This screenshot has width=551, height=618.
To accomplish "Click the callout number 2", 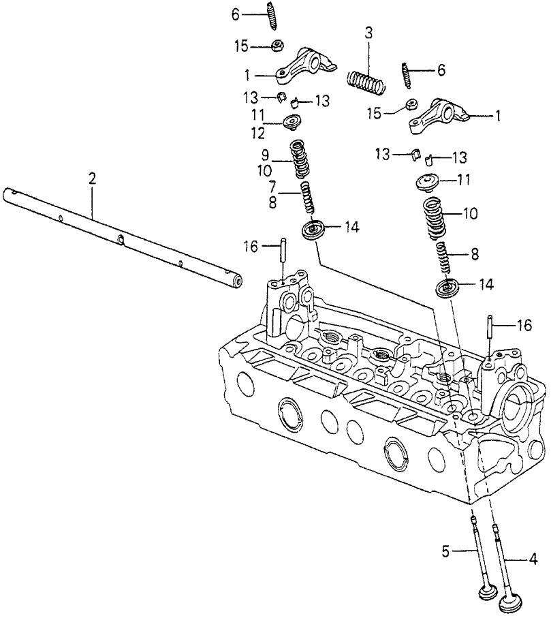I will click(x=92, y=179).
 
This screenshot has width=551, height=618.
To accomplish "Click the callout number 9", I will click(x=267, y=155).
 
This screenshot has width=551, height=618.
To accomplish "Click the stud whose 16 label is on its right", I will click(x=490, y=334).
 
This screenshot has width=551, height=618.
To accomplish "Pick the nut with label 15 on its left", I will click(x=411, y=105).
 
